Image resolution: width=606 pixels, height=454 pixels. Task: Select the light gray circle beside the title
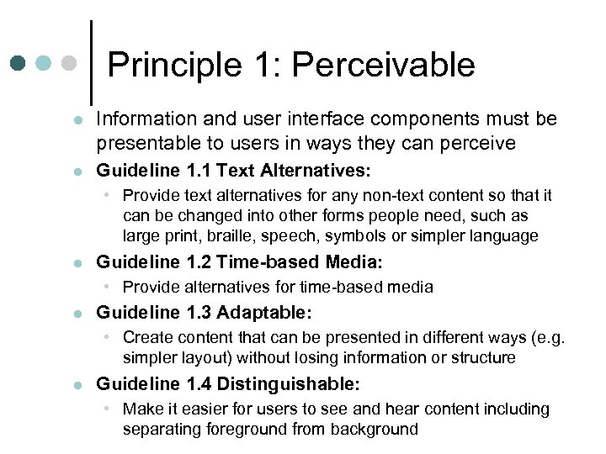click(70, 64)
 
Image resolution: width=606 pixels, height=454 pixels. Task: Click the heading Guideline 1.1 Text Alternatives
click(233, 172)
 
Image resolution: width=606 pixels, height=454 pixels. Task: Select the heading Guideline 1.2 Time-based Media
click(239, 262)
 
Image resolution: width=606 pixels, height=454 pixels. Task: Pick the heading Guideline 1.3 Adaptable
click(204, 314)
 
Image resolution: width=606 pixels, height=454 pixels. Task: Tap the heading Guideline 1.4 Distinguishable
click(228, 385)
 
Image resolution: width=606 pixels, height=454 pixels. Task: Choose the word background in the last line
click(378, 430)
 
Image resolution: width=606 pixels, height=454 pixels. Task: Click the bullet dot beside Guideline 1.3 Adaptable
click(77, 314)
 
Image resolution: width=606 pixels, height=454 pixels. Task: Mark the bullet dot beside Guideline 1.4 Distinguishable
click(77, 386)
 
